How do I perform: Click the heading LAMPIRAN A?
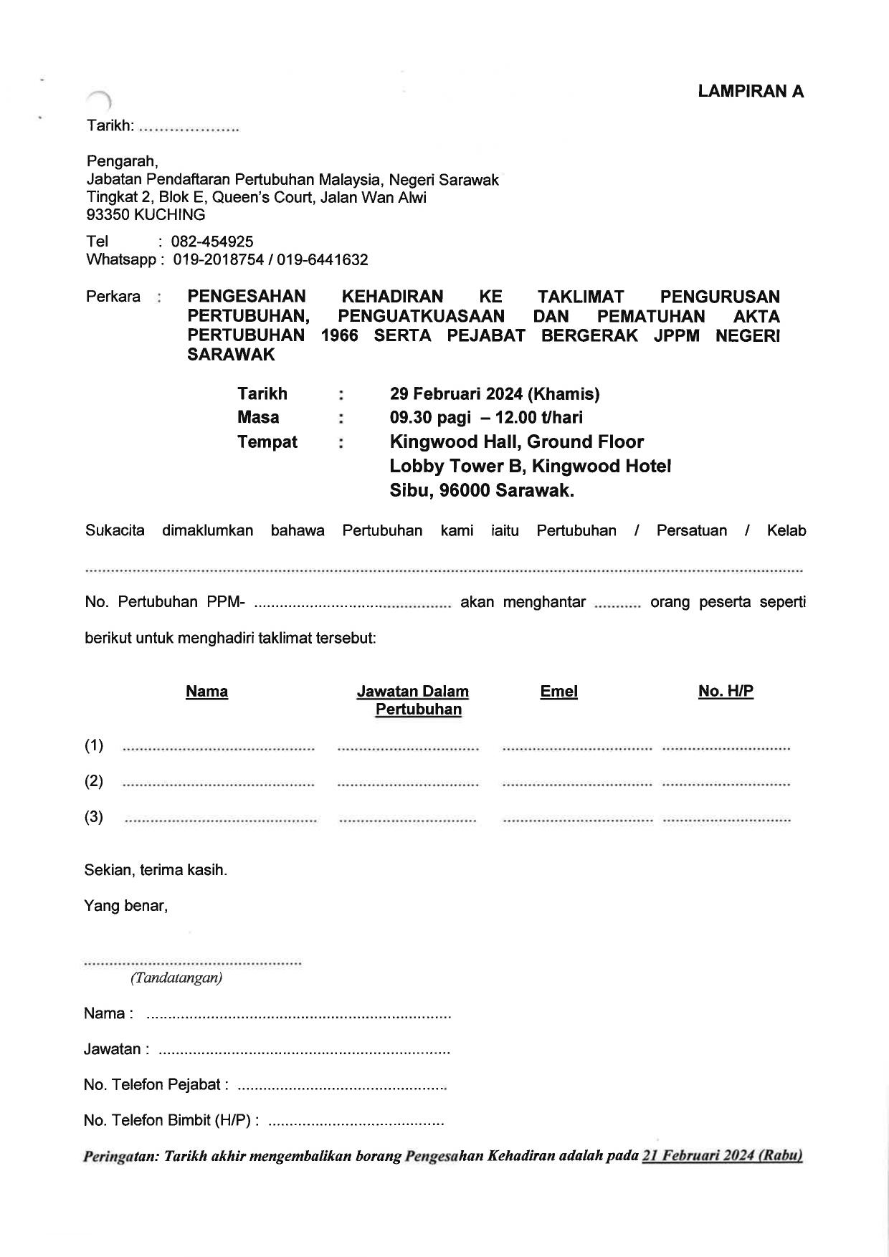pos(751,91)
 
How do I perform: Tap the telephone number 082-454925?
pos(212,242)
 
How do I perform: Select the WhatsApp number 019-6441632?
pos(323,260)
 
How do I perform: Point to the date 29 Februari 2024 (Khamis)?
pos(495,394)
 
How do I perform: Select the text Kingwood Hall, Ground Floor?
pos(516,442)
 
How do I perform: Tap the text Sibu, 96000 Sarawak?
pos(482,491)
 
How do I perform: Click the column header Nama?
pos(206,692)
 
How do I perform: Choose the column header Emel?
pos(558,692)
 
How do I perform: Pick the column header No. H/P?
pos(726,692)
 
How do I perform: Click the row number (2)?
pos(94,781)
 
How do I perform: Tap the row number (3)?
pos(94,817)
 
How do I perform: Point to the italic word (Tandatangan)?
pos(176,978)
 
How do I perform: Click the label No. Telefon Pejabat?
pos(156,1085)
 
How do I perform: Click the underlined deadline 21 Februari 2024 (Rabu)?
pos(722,1156)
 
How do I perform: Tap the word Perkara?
pos(113,297)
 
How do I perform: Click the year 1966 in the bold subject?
pos(340,335)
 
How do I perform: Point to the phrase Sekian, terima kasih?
pos(156,871)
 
